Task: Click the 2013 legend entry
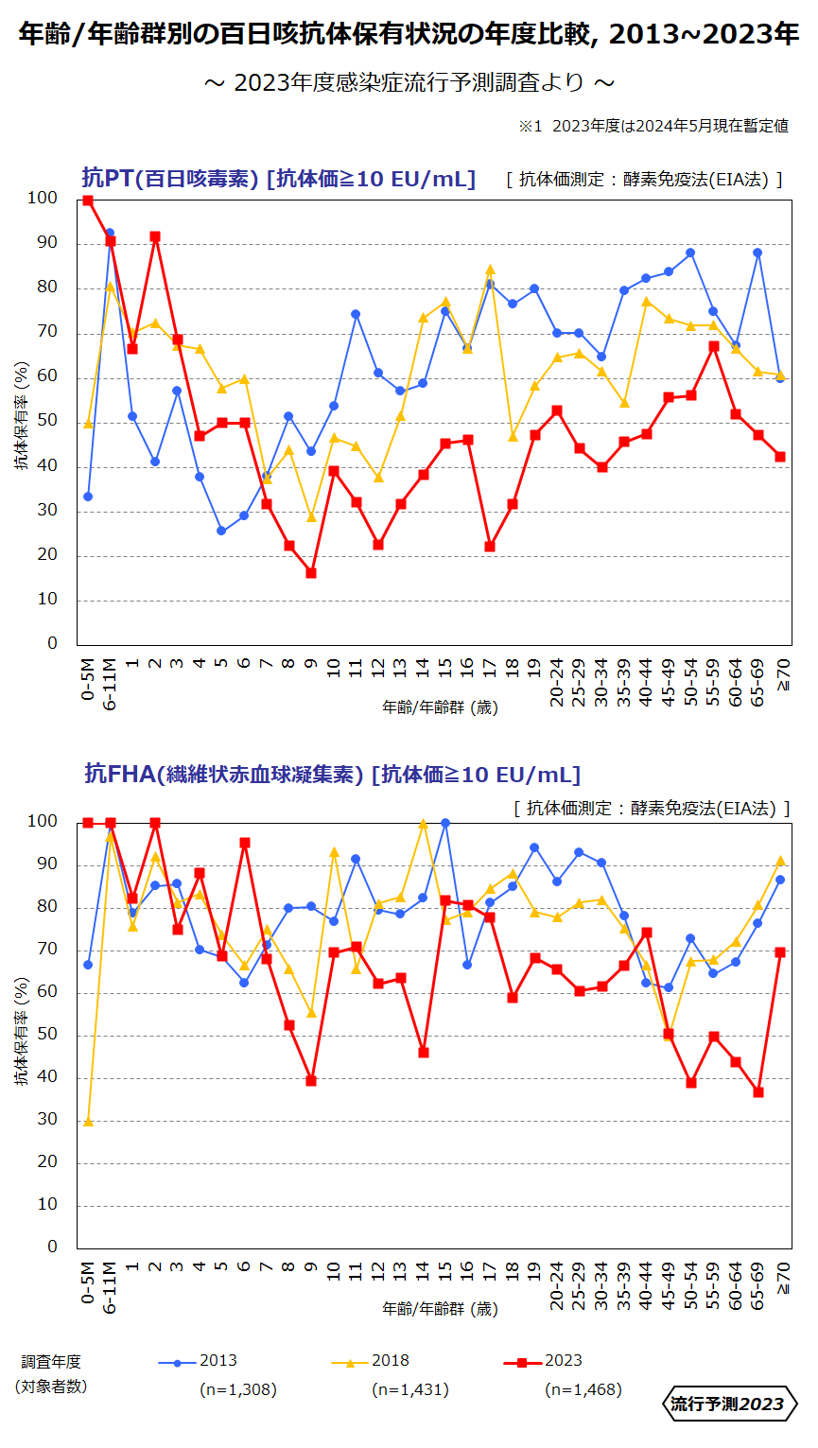[199, 1362]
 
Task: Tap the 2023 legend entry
[544, 1362]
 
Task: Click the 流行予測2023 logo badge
[728, 1404]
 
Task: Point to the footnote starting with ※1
[653, 126]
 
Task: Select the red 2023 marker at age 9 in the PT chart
[311, 573]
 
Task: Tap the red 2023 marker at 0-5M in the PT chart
[88, 201]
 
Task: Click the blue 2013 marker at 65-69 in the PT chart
[757, 253]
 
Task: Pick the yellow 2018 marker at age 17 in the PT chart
[490, 270]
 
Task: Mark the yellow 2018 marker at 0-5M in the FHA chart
[88, 1122]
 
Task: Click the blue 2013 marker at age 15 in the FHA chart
[445, 823]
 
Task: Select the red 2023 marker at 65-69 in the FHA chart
[757, 1092]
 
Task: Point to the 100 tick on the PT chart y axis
[43, 199]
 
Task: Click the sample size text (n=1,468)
[583, 1389]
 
